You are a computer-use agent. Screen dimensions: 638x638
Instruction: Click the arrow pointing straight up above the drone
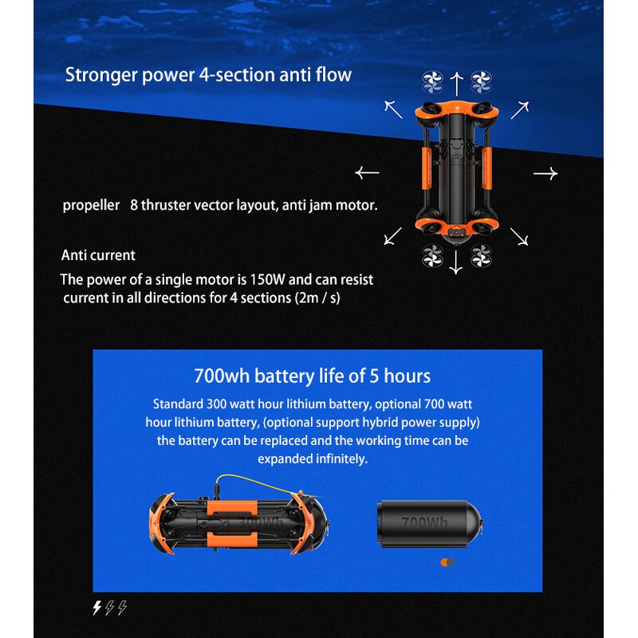pyautogui.click(x=456, y=82)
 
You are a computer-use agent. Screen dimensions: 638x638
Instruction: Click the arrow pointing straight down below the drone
pyautogui.click(x=455, y=262)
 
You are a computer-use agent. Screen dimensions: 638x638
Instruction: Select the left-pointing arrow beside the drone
pyautogui.click(x=367, y=172)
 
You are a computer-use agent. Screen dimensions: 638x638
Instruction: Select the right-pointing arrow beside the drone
pyautogui.click(x=545, y=173)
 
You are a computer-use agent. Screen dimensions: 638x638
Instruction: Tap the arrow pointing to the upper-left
pyautogui.click(x=393, y=109)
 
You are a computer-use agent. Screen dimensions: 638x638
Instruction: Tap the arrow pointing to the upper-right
pyautogui.click(x=519, y=109)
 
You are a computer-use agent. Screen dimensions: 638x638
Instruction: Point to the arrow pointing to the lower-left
pyautogui.click(x=393, y=234)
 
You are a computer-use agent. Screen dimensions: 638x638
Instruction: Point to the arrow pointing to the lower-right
pyautogui.click(x=519, y=236)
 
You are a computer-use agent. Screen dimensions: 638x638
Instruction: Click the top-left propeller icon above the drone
pyautogui.click(x=431, y=81)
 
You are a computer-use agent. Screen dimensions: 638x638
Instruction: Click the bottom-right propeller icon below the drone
pyautogui.click(x=480, y=256)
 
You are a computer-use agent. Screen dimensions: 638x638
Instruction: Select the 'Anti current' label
pyautogui.click(x=98, y=255)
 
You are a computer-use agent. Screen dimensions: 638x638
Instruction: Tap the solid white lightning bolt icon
pyautogui.click(x=97, y=608)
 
